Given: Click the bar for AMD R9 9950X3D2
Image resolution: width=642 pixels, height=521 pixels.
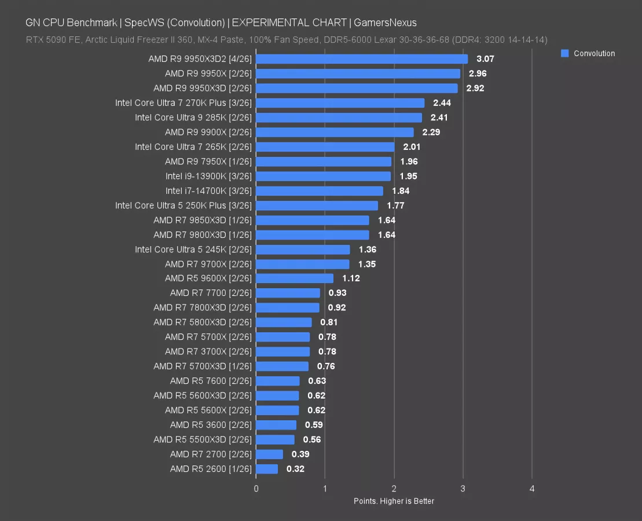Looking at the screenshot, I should [362, 59].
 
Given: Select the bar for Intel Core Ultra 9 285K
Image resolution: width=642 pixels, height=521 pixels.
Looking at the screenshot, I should [339, 118].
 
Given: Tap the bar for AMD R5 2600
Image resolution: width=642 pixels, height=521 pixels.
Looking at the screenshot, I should [267, 469].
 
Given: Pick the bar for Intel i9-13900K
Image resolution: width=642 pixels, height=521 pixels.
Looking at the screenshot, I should [323, 176].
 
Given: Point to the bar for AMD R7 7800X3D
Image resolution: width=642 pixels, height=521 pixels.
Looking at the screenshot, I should [288, 308].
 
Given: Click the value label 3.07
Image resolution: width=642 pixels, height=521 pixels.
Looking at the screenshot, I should [485, 59].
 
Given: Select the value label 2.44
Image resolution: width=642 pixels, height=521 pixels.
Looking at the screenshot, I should [442, 103].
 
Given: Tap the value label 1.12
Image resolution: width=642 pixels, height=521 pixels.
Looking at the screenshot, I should [351, 278].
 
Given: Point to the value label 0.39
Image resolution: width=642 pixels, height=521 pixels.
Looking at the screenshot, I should [300, 454].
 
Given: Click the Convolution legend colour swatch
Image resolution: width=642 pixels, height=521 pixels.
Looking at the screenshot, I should [566, 53].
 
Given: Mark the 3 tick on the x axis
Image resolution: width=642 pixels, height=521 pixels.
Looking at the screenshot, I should [463, 489].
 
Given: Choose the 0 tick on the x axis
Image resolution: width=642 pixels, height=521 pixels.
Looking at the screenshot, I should [256, 489].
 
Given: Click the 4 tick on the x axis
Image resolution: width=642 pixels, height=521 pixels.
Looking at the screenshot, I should [532, 489].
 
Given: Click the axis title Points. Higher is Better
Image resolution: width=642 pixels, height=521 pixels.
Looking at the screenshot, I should [394, 501].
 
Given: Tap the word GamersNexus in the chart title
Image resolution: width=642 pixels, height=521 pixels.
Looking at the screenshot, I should [386, 23].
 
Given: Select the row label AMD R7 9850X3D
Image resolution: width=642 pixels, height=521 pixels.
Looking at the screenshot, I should [203, 220].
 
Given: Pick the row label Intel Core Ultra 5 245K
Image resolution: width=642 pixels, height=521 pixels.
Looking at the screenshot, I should [193, 250].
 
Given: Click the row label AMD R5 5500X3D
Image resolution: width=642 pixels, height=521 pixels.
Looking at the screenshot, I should [203, 439].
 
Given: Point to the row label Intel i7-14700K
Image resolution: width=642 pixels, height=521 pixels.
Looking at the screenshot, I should [208, 190].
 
